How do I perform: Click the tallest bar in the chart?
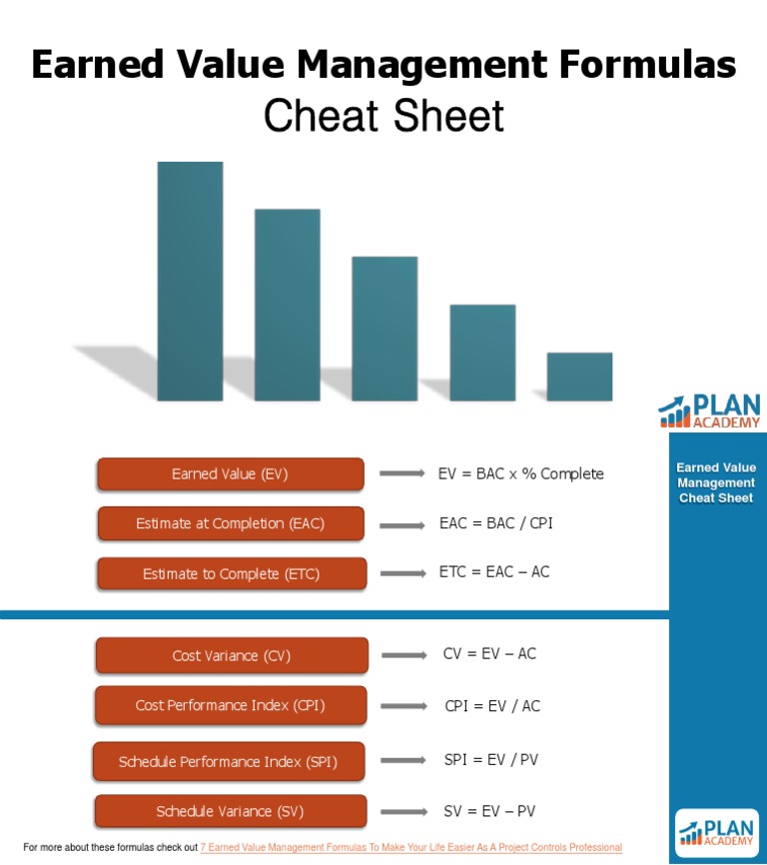pyautogui.click(x=190, y=281)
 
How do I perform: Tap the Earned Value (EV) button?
pyautogui.click(x=231, y=474)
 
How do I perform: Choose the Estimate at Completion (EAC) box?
pyautogui.click(x=231, y=523)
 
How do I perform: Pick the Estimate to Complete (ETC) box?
pyautogui.click(x=231, y=573)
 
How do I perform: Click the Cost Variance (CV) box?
pyautogui.click(x=232, y=655)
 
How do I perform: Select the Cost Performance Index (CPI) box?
pyautogui.click(x=231, y=705)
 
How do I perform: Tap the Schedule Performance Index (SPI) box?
pyautogui.click(x=229, y=761)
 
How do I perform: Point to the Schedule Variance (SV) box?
pyautogui.click(x=231, y=811)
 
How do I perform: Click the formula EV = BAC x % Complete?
pyautogui.click(x=520, y=473)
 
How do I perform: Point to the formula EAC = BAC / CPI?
pyautogui.click(x=495, y=522)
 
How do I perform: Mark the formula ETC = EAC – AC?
pyautogui.click(x=494, y=572)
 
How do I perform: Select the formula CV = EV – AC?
pyautogui.click(x=489, y=654)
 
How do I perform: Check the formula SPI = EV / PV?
pyautogui.click(x=491, y=760)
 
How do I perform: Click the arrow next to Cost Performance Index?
pyautogui.click(x=403, y=706)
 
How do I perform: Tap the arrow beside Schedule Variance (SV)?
pyautogui.click(x=403, y=811)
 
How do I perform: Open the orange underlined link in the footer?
pyautogui.click(x=411, y=847)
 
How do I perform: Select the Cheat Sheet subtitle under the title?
pyautogui.click(x=383, y=117)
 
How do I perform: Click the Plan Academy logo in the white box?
pyautogui.click(x=716, y=832)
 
